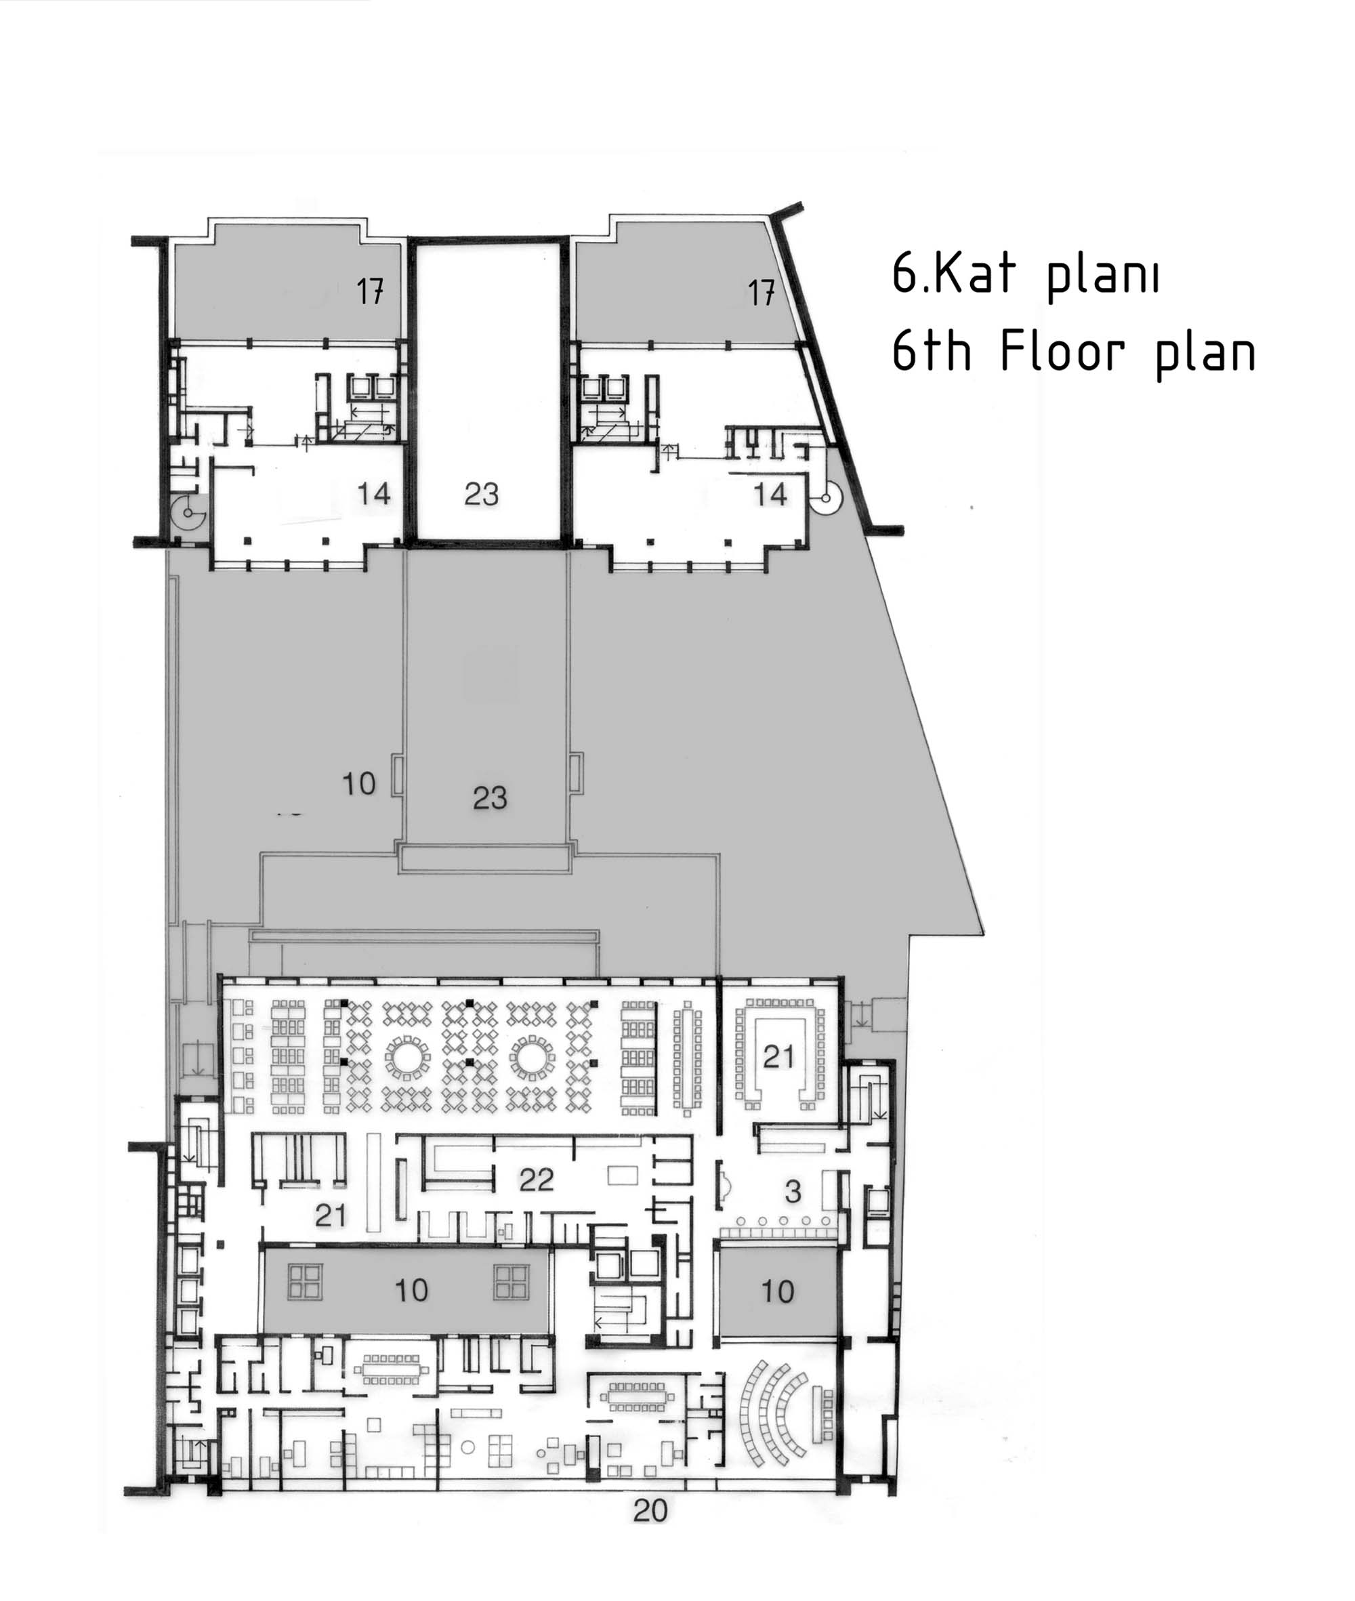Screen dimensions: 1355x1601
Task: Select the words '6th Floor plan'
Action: [x=1073, y=354]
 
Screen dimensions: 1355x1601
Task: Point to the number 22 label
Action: [x=536, y=1180]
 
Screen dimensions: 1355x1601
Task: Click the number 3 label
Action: [x=793, y=1192]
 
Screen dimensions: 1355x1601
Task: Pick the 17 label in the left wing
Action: [x=369, y=291]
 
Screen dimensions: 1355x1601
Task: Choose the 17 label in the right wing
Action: [x=762, y=293]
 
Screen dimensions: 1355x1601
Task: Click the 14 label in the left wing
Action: [x=374, y=493]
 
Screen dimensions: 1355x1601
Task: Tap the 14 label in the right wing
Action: [x=770, y=494]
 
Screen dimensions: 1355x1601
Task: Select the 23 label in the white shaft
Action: [x=482, y=494]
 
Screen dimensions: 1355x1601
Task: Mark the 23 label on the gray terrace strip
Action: [x=490, y=797]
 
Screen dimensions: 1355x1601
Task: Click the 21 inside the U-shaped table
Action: [x=779, y=1057]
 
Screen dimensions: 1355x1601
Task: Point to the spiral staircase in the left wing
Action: [x=188, y=512]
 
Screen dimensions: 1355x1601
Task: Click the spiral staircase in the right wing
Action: [x=825, y=498]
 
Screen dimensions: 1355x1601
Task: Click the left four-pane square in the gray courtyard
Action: [x=305, y=1281]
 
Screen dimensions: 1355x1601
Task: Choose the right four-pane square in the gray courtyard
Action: [x=511, y=1281]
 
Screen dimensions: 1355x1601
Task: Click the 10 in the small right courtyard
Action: [x=777, y=1291]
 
